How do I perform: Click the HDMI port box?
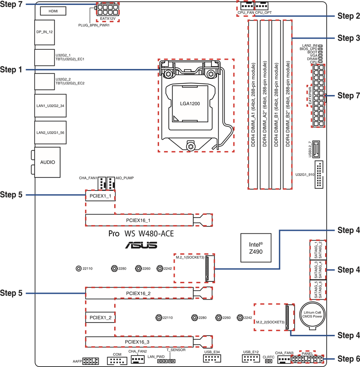(53, 11)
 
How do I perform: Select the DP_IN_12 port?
(45, 32)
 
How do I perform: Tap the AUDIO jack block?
(47, 162)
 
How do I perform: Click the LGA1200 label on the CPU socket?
(190, 104)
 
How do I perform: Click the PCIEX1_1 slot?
(100, 196)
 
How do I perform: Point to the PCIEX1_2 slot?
(100, 318)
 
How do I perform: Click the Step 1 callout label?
(11, 70)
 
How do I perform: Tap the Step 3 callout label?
(348, 38)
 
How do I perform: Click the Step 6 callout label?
(348, 359)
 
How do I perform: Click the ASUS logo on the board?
(141, 246)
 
